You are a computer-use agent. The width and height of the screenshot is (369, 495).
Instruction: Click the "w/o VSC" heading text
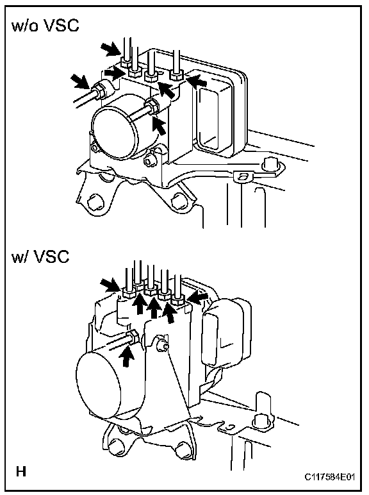(x=45, y=26)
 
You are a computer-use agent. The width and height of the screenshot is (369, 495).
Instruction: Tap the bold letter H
(x=21, y=472)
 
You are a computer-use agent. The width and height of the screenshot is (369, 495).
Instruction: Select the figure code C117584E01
(x=330, y=477)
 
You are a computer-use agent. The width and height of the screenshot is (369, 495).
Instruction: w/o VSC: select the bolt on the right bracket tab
(x=270, y=164)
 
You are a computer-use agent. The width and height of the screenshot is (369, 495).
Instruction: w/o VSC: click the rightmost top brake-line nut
(x=177, y=76)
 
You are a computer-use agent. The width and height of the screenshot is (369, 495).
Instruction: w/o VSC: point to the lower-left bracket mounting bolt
(x=94, y=202)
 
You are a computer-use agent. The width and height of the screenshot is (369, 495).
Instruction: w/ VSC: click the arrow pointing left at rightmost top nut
(x=199, y=298)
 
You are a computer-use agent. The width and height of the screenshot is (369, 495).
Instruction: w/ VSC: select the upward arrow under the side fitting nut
(x=126, y=355)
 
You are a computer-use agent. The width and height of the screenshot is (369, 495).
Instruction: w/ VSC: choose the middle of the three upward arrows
(x=154, y=306)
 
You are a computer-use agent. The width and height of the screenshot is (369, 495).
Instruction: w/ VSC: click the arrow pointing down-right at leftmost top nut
(x=110, y=285)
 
